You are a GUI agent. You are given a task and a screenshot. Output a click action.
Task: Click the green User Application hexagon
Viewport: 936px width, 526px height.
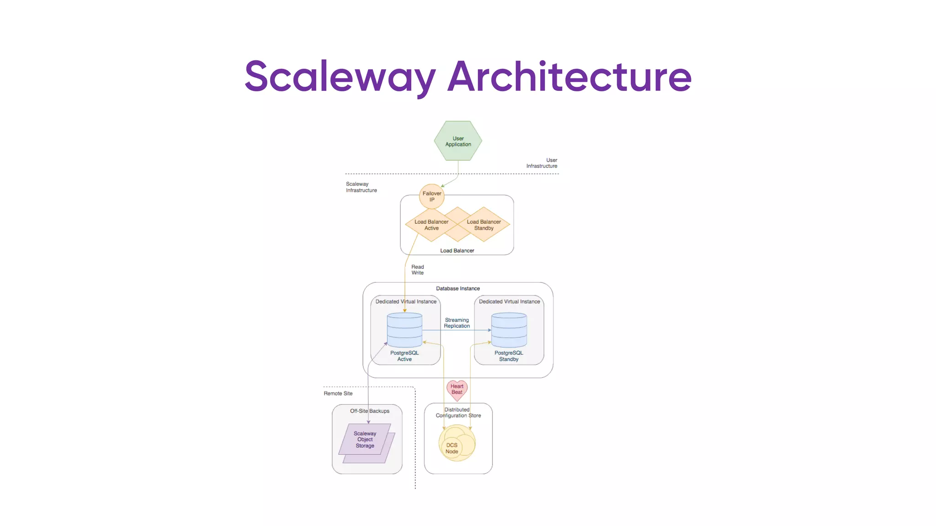pos(457,141)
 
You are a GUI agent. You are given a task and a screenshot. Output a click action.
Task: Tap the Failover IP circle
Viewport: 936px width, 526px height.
pos(431,196)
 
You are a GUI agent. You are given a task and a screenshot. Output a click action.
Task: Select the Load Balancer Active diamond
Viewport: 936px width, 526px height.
pos(431,225)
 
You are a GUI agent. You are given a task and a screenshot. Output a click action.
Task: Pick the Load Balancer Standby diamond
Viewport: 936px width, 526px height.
pos(484,225)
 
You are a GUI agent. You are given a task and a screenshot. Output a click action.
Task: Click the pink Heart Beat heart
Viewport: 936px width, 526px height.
pos(457,389)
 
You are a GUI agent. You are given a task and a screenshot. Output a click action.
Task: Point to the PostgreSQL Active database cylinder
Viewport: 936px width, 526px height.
pos(404,330)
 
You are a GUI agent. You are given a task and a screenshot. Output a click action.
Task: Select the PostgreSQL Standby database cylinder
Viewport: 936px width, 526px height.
pos(509,330)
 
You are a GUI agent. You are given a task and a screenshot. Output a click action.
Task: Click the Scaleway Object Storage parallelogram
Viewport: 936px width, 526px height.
pos(365,440)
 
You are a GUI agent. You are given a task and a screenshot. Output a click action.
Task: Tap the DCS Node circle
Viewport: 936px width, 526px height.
pos(452,448)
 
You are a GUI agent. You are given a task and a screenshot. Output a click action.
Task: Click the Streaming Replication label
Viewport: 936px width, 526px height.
pos(457,323)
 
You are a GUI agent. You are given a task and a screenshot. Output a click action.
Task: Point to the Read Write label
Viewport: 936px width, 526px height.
pos(417,270)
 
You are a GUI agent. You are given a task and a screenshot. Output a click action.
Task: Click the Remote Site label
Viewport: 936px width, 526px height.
pos(338,393)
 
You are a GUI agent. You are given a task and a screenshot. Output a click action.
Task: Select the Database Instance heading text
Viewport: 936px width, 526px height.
pos(457,289)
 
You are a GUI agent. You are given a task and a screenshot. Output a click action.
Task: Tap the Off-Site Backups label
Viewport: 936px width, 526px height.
pos(369,411)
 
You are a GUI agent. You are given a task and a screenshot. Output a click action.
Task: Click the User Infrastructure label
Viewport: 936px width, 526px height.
pos(542,163)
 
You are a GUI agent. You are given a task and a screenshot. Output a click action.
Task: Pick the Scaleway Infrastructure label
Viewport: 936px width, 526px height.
pos(361,187)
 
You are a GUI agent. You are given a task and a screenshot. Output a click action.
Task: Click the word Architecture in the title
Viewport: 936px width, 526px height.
pos(569,76)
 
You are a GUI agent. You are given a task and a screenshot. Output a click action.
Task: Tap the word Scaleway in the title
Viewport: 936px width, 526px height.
pos(340,76)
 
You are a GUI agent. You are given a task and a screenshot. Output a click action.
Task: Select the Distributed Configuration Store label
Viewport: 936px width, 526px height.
pos(458,412)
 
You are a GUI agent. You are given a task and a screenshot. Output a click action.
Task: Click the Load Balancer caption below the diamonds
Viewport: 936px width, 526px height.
pos(457,251)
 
